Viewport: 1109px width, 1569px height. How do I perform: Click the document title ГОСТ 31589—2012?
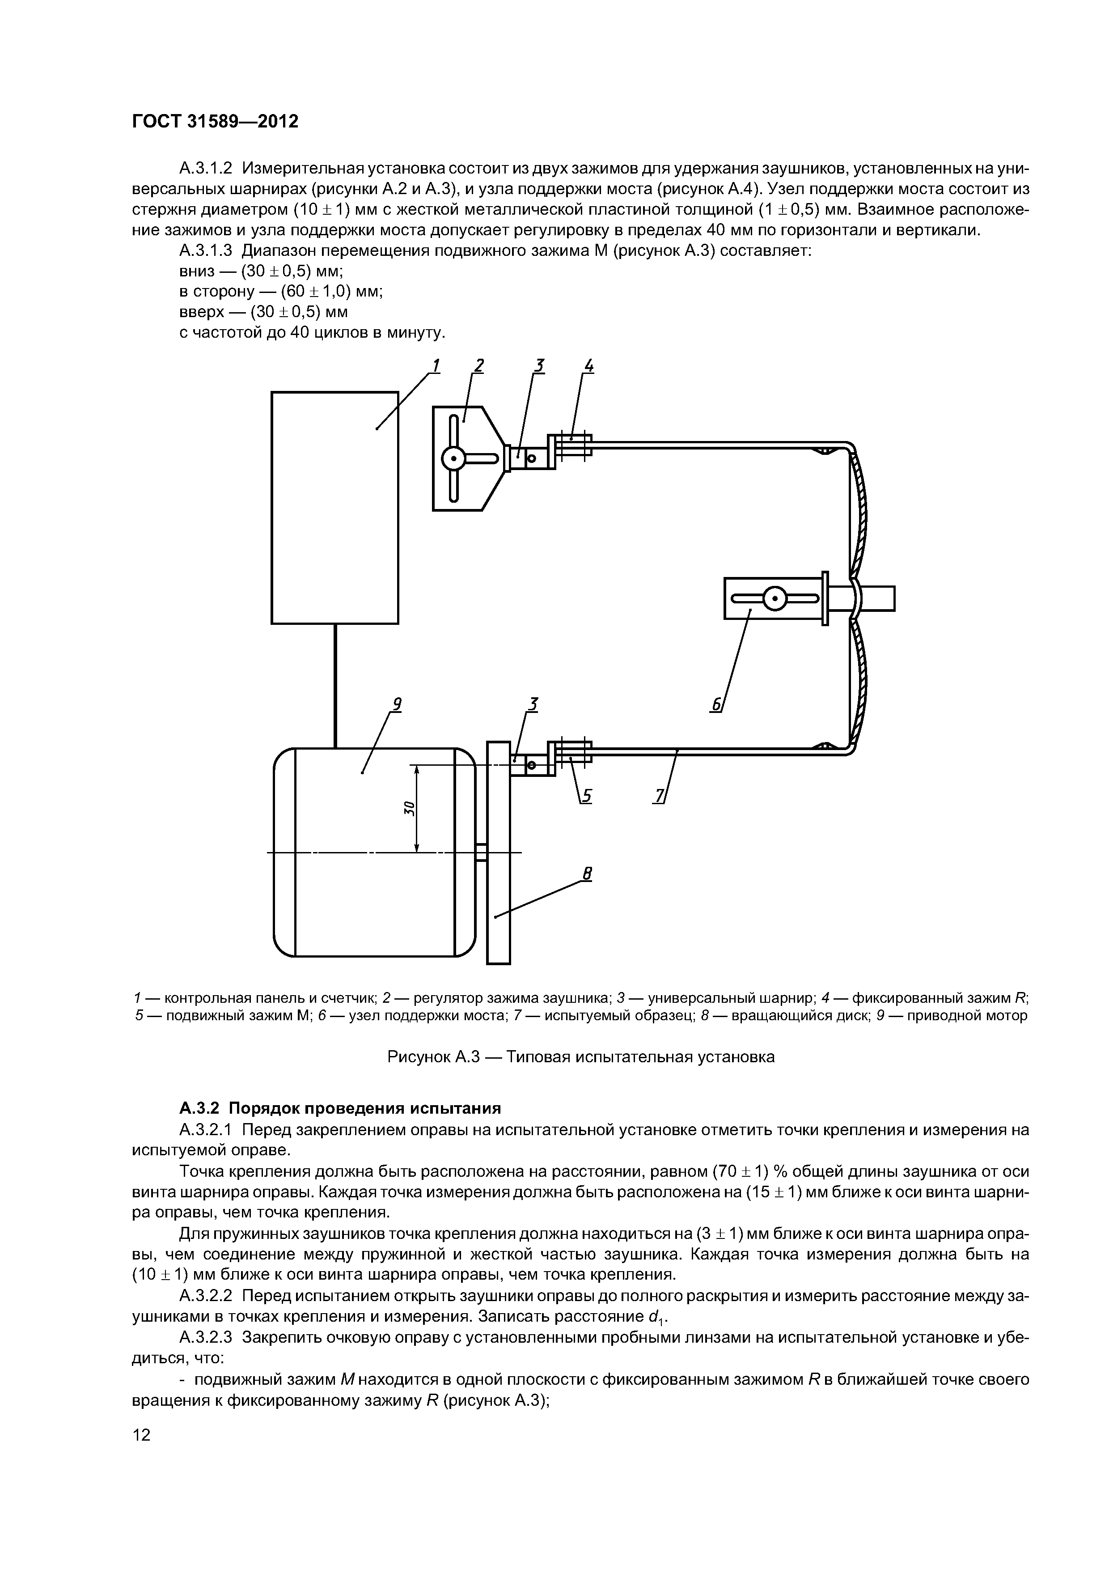point(215,122)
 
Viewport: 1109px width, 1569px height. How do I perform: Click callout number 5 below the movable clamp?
point(587,795)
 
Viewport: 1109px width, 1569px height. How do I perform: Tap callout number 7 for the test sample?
point(660,795)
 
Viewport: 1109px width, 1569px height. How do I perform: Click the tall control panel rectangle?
point(335,507)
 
